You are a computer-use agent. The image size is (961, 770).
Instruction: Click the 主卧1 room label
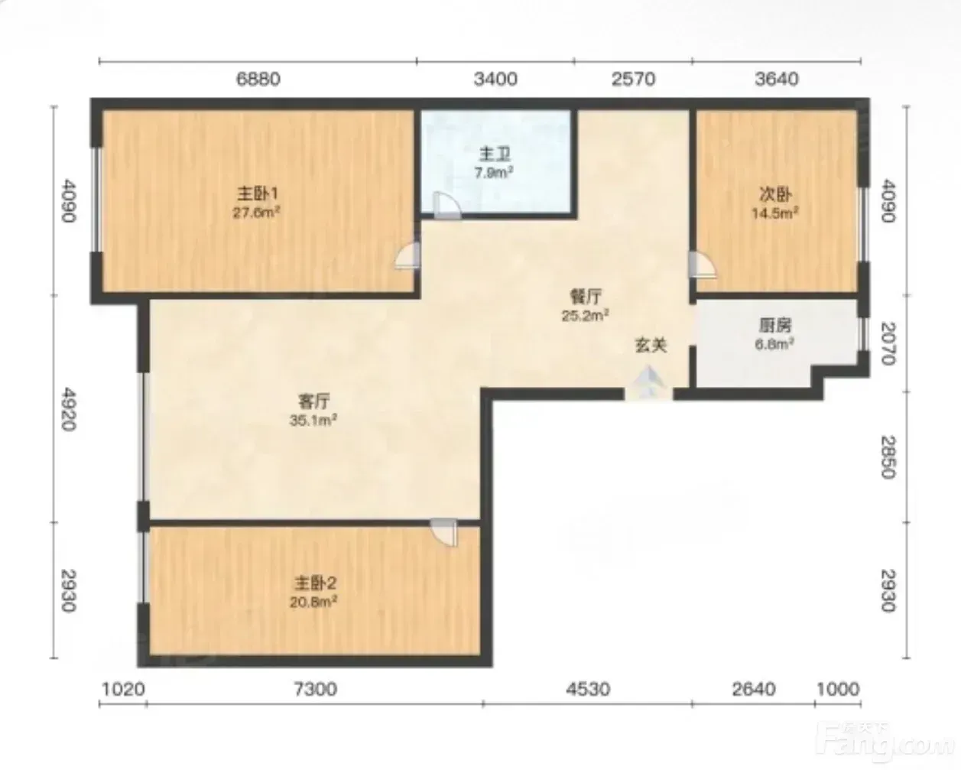pyautogui.click(x=258, y=194)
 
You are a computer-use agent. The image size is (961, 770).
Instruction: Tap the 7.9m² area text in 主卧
pyautogui.click(x=493, y=173)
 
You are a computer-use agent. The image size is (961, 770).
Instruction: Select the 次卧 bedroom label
pyautogui.click(x=776, y=194)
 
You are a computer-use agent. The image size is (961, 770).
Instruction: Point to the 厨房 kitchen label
pyautogui.click(x=774, y=326)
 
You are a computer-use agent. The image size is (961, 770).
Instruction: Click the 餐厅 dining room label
pyautogui.click(x=586, y=296)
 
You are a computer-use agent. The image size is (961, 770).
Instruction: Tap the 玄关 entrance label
pyautogui.click(x=651, y=345)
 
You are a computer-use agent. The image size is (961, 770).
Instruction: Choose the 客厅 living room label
pyautogui.click(x=313, y=401)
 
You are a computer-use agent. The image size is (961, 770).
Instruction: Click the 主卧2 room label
pyautogui.click(x=315, y=583)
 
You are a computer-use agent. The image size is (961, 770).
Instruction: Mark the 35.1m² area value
pyautogui.click(x=313, y=421)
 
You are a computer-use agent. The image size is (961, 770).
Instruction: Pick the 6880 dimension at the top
pyautogui.click(x=258, y=79)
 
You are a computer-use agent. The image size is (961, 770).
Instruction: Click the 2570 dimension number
pyautogui.click(x=633, y=79)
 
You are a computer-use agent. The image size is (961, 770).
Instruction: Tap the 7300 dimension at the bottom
pyautogui.click(x=315, y=689)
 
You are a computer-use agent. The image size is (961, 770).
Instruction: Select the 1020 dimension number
pyautogui.click(x=124, y=689)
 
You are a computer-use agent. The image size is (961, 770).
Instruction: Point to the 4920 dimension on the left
pyautogui.click(x=68, y=409)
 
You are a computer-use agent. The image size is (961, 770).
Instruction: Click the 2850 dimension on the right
pyautogui.click(x=888, y=457)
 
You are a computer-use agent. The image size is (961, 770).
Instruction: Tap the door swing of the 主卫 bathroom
pyautogui.click(x=446, y=206)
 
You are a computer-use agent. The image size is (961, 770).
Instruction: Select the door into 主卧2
pyautogui.click(x=444, y=532)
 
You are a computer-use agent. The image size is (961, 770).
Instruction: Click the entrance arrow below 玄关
pyautogui.click(x=648, y=382)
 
